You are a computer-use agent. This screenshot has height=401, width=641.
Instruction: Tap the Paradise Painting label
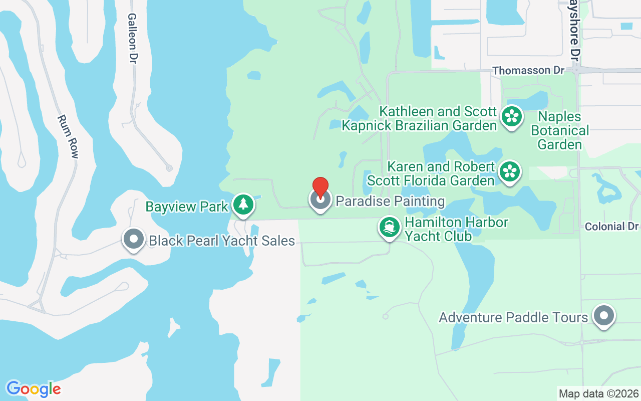click(390, 201)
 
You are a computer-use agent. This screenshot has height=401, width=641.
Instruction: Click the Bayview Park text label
click(187, 207)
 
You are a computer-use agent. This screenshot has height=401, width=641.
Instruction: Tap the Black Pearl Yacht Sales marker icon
click(134, 239)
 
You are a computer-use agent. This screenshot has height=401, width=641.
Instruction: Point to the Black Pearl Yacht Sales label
click(222, 241)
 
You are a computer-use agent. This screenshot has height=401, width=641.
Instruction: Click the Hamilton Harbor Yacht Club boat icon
click(389, 227)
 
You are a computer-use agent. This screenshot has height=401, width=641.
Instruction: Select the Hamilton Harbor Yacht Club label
click(456, 229)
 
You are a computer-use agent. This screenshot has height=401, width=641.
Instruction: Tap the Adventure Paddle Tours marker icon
click(603, 316)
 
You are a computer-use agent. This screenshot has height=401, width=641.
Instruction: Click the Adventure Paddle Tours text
click(513, 317)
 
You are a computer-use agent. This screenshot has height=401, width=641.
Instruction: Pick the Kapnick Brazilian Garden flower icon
click(511, 116)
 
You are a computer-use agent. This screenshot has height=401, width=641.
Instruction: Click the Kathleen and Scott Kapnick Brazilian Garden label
click(419, 118)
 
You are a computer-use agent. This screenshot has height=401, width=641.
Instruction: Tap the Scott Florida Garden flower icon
click(509, 171)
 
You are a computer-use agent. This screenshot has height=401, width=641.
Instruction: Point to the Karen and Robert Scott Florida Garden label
click(431, 173)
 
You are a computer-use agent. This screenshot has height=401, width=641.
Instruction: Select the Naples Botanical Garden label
click(560, 131)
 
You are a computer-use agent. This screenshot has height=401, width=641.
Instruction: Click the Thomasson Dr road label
click(528, 71)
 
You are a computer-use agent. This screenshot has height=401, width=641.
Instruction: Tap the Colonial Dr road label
click(611, 227)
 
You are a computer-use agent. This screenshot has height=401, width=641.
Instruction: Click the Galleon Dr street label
click(132, 38)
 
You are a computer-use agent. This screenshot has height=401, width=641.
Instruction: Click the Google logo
click(34, 388)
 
